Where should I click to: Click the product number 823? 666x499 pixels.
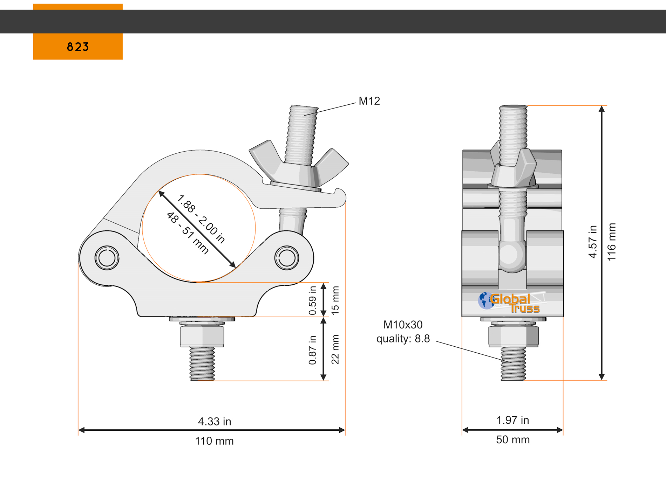[78, 47]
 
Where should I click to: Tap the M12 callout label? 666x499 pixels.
[369, 101]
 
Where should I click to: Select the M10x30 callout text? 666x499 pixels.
[403, 325]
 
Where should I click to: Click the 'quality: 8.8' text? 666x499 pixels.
[403, 339]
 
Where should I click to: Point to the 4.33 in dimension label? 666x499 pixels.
[215, 422]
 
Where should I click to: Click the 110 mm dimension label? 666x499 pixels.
[214, 441]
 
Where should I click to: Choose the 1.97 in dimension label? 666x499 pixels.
[512, 420]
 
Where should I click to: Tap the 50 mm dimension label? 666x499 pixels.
[512, 440]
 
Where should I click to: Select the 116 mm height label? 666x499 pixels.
[611, 242]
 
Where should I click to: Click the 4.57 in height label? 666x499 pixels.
[592, 242]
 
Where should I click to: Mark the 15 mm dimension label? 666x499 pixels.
[335, 300]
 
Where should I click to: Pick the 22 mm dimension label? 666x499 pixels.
[335, 349]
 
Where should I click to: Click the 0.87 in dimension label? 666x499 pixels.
[312, 350]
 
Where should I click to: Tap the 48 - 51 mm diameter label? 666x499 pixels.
[187, 233]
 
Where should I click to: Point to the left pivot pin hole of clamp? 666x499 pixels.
[107, 258]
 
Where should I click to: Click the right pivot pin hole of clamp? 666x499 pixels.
[287, 258]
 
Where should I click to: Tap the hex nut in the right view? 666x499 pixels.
[514, 336]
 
